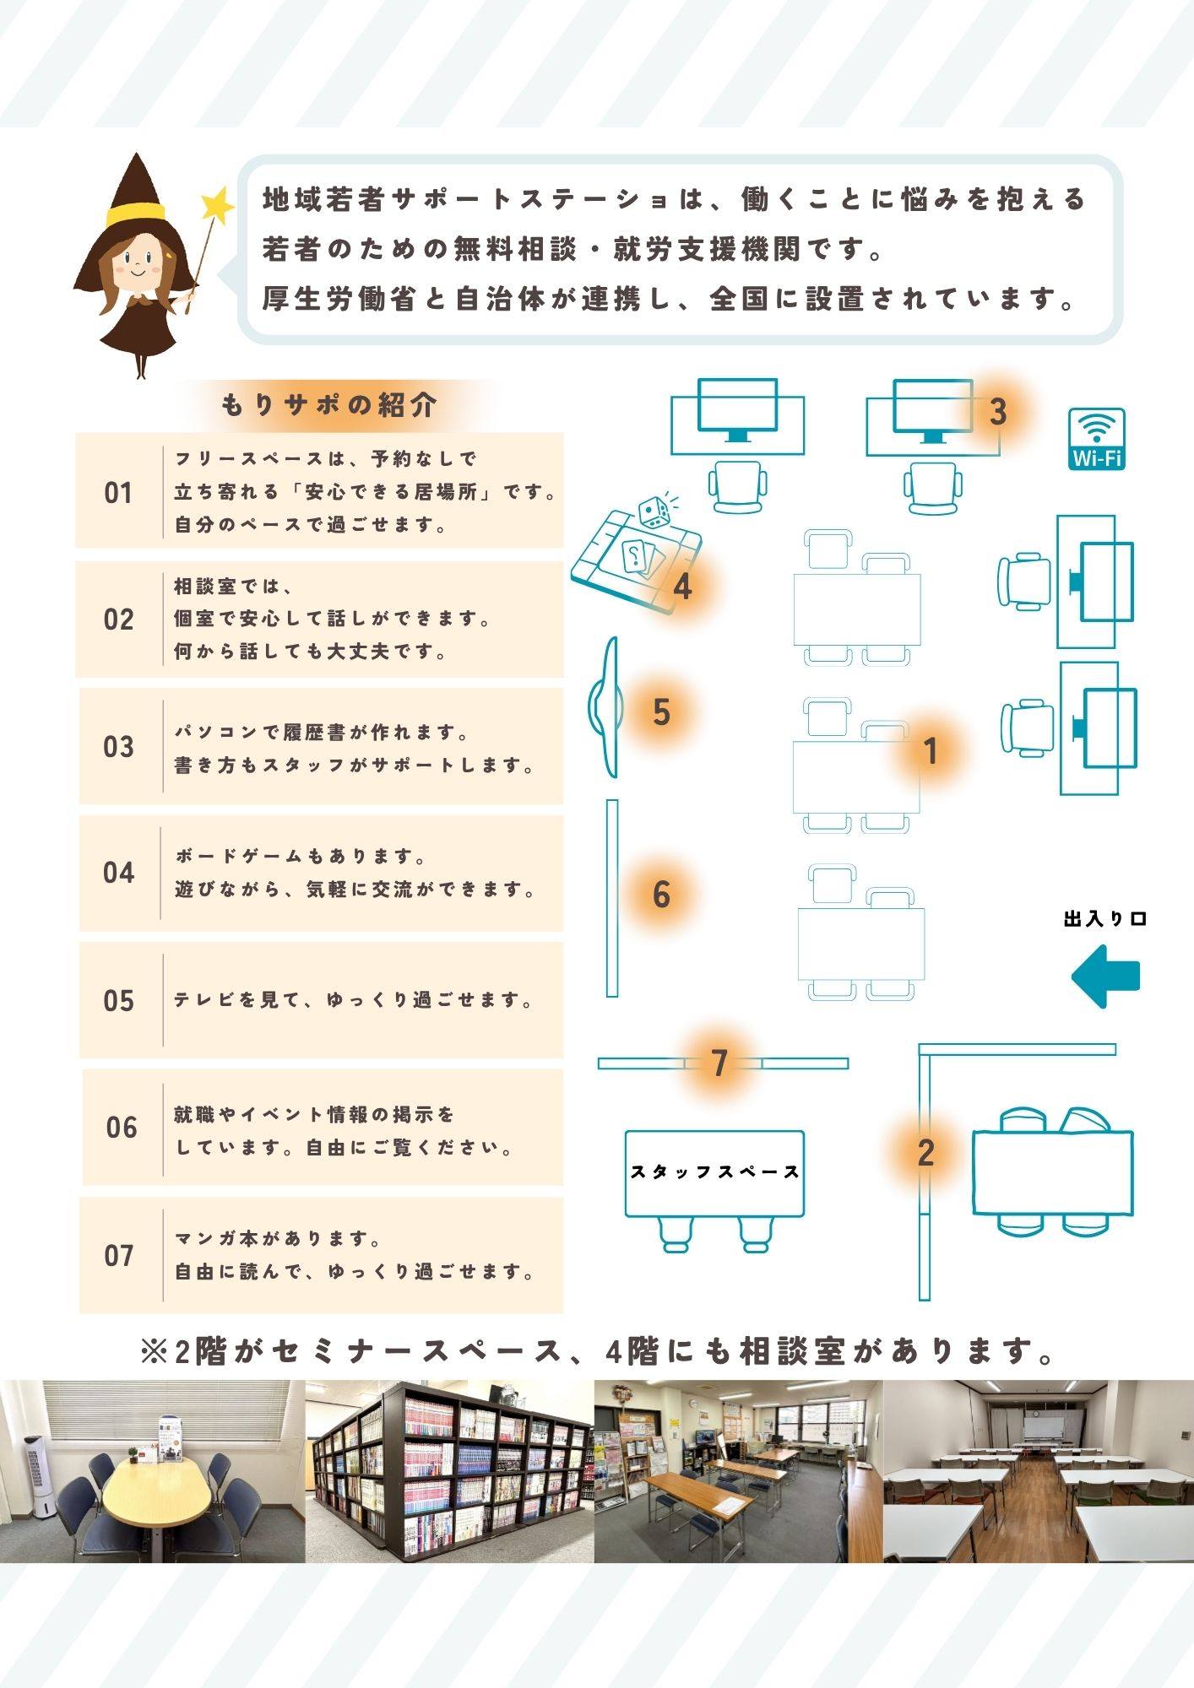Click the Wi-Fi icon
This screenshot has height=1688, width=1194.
1097,438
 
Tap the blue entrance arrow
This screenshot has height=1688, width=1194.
1105,977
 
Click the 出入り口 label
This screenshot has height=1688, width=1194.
1105,919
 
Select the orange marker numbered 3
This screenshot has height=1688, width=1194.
998,412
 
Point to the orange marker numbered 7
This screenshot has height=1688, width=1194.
719,1063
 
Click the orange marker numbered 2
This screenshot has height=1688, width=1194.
925,1153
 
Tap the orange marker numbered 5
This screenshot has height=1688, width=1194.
661,711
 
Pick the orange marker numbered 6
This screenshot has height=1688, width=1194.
661,895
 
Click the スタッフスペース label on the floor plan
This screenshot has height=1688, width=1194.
714,1171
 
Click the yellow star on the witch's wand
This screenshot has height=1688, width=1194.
217,204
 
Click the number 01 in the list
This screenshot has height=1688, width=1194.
118,493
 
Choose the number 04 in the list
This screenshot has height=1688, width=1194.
118,873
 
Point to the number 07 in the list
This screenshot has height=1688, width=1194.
119,1256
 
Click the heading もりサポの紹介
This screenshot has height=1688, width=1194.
329,405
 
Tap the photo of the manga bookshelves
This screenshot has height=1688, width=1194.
449,1471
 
